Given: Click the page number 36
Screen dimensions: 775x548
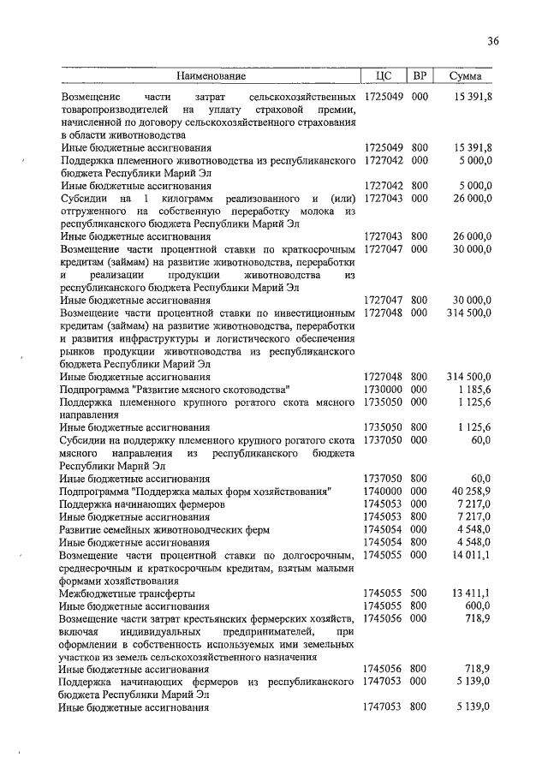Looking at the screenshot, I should pyautogui.click(x=492, y=40).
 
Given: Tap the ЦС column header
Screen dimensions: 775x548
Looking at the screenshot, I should pyautogui.click(x=384, y=76).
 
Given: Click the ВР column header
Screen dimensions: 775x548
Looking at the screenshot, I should pyautogui.click(x=420, y=76).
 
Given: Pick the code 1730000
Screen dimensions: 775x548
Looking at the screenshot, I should pyautogui.click(x=382, y=388).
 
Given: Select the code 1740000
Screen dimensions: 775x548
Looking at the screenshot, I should pyautogui.click(x=382, y=491).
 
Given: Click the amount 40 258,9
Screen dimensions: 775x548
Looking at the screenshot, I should pyautogui.click(x=472, y=491).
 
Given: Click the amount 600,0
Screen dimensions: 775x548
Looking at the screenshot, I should pyautogui.click(x=478, y=605).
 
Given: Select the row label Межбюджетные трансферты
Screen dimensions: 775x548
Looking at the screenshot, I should pyautogui.click(x=127, y=593).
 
